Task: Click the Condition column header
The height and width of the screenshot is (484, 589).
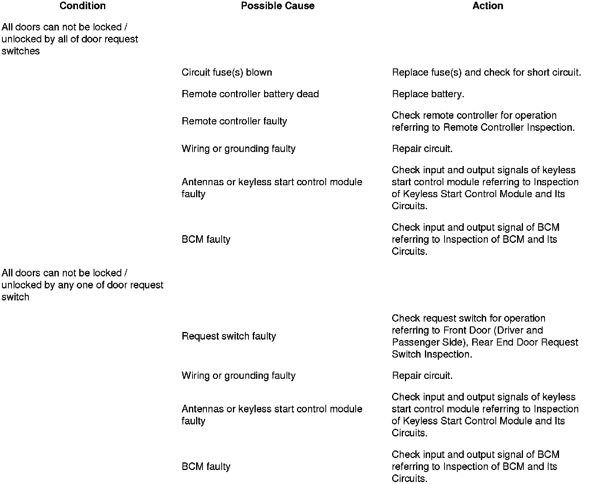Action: [82, 6]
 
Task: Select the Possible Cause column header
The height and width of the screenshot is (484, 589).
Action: [277, 6]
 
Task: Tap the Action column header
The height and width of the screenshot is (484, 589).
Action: [487, 6]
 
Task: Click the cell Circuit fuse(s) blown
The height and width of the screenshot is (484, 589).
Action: [226, 72]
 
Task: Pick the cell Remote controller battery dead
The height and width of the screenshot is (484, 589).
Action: [250, 94]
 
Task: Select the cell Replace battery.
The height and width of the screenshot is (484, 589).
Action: [428, 94]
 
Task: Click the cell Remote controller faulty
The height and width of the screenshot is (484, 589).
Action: [234, 121]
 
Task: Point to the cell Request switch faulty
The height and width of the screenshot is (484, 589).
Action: [228, 336]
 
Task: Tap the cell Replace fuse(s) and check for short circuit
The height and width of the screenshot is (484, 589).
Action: [486, 72]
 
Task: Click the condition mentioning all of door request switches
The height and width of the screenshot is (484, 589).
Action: [70, 39]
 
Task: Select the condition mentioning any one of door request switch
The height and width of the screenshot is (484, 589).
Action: [82, 285]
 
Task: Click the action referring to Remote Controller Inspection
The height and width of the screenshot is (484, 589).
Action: [483, 121]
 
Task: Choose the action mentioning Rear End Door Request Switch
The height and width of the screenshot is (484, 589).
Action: [485, 336]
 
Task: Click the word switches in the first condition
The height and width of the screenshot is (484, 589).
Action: [21, 51]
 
